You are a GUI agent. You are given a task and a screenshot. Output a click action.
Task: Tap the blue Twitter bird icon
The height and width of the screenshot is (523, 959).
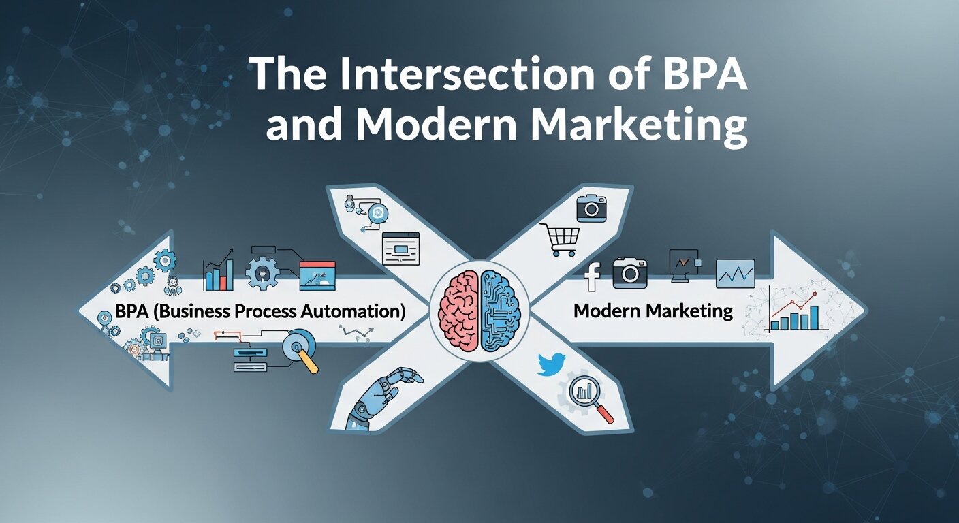click(551, 364)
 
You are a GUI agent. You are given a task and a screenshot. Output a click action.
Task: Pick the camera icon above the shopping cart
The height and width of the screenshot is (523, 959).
click(591, 208)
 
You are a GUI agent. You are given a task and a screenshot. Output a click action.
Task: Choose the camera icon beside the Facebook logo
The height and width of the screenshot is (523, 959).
click(629, 273)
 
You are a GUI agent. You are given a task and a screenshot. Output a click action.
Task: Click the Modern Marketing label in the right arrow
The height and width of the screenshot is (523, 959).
click(653, 312)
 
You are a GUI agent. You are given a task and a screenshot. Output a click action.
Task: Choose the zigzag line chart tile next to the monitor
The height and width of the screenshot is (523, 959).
click(735, 274)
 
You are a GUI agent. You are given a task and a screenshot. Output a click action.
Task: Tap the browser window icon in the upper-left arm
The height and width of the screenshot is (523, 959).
click(400, 248)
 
